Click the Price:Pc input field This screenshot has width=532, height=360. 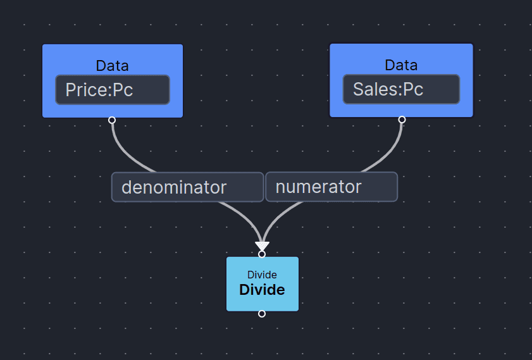[x=112, y=90]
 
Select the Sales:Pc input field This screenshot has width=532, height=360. [x=401, y=89]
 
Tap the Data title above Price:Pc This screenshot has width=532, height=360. [x=112, y=65]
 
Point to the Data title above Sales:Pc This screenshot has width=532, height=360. [x=401, y=65]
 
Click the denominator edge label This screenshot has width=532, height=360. [x=187, y=187]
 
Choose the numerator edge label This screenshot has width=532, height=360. [x=331, y=187]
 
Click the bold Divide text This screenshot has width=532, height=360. [x=262, y=290]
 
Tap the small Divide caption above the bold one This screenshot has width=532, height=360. [x=262, y=275]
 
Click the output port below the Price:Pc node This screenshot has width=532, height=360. [x=112, y=120]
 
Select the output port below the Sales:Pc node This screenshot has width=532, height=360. [x=402, y=120]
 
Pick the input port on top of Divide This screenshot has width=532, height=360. [x=262, y=254]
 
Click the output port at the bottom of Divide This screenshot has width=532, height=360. [x=262, y=314]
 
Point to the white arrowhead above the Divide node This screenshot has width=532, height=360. [x=262, y=245]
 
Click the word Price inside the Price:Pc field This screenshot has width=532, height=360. [x=87, y=90]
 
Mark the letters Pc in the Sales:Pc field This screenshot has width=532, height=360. [x=412, y=89]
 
